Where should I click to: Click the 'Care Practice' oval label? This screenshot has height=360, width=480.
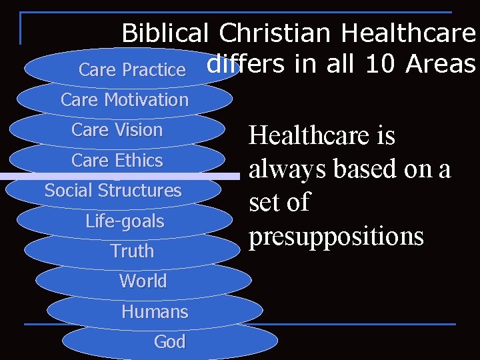pyautogui.click(x=132, y=69)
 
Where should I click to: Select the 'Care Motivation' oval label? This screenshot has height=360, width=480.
pyautogui.click(x=125, y=100)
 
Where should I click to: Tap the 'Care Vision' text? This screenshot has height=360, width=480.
pyautogui.click(x=117, y=130)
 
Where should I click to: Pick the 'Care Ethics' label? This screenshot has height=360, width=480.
pyautogui.click(x=117, y=161)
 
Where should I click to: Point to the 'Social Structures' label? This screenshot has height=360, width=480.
pyautogui.click(x=113, y=191)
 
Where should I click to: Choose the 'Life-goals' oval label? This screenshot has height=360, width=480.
pyautogui.click(x=125, y=221)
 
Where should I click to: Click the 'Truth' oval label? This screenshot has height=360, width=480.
pyautogui.click(x=132, y=251)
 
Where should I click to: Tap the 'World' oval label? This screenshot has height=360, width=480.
pyautogui.click(x=143, y=281)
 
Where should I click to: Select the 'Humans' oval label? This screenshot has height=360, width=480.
pyautogui.click(x=155, y=311)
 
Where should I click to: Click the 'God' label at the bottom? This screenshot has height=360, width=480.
pyautogui.click(x=169, y=342)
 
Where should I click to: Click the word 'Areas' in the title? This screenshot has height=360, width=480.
pyautogui.click(x=441, y=64)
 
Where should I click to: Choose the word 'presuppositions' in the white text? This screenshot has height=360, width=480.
pyautogui.click(x=336, y=236)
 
